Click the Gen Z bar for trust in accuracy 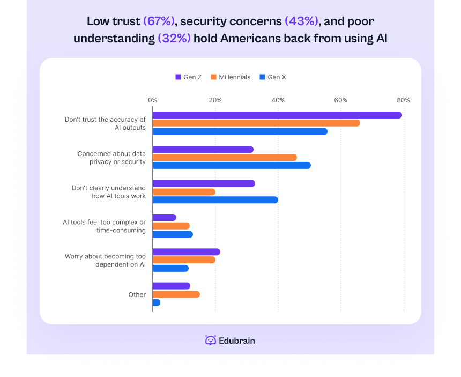[277, 115]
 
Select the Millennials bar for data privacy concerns [224, 157]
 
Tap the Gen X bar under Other [156, 302]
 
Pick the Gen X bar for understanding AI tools [215, 200]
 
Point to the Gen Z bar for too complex [164, 217]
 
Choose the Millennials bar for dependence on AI [184, 260]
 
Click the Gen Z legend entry [188, 77]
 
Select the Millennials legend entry [230, 77]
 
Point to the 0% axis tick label [152, 100]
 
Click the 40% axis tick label [278, 100]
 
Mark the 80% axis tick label [404, 100]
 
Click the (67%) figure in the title [159, 21]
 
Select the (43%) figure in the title [301, 21]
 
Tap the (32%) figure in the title [174, 39]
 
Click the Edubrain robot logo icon [211, 341]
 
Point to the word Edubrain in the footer [237, 341]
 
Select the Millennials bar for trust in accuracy [256, 123]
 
